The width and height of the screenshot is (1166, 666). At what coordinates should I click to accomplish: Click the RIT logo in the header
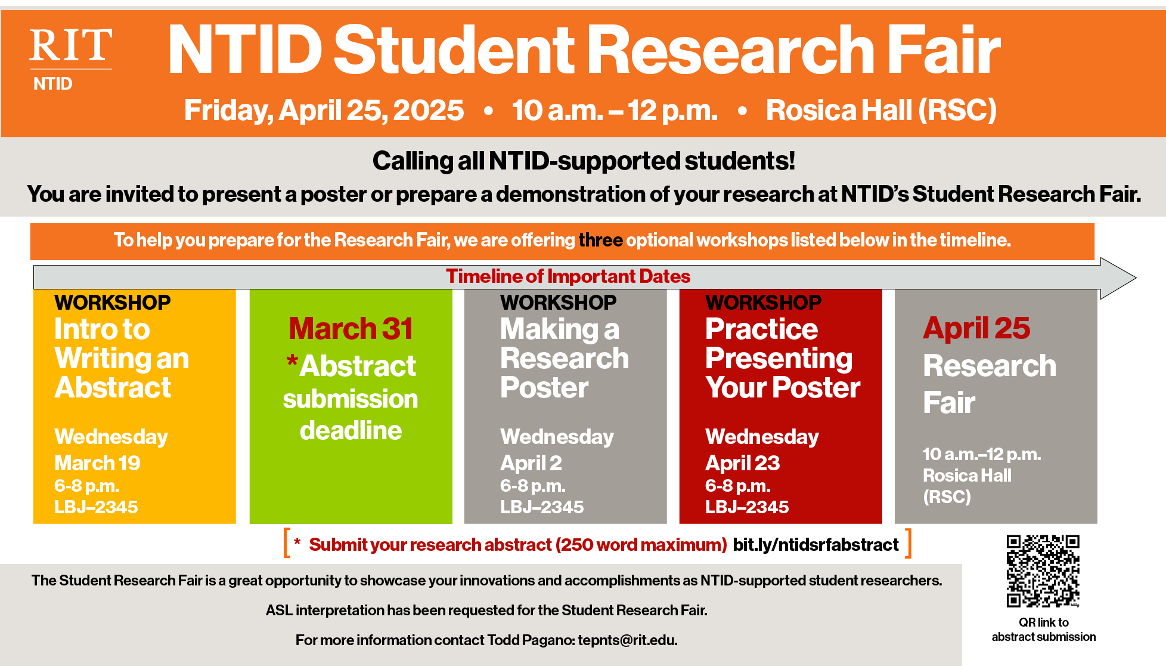70,59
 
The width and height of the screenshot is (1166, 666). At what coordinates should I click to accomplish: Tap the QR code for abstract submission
1043,571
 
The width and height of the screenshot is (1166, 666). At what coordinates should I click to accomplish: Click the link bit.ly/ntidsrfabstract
815,544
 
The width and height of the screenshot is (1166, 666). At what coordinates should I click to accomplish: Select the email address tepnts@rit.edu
628,640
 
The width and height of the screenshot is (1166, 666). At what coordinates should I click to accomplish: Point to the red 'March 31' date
351,328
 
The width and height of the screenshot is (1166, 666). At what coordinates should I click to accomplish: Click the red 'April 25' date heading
976,328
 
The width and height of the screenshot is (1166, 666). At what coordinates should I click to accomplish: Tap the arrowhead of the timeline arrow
1118,277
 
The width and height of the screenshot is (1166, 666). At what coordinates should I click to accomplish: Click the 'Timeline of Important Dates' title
568,276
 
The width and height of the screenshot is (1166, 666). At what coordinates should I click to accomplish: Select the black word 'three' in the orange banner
600,240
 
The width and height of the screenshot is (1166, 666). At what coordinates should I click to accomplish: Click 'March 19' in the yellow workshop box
97,463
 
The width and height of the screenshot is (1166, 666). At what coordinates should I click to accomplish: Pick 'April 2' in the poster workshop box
531,463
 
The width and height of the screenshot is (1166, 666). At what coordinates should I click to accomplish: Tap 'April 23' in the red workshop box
742,463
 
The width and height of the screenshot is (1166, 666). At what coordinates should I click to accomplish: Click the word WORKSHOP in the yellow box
112,303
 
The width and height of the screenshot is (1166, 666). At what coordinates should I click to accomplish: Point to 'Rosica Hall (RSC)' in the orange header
881,110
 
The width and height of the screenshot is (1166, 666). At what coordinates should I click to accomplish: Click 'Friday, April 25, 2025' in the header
324,110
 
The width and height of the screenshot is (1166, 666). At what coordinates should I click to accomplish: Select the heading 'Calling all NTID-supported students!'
584,161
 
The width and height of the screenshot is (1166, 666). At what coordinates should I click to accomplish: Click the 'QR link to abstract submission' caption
1044,630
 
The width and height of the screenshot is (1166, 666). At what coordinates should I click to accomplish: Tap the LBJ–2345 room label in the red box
747,507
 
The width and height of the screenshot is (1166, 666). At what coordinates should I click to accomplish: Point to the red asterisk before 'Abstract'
292,360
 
